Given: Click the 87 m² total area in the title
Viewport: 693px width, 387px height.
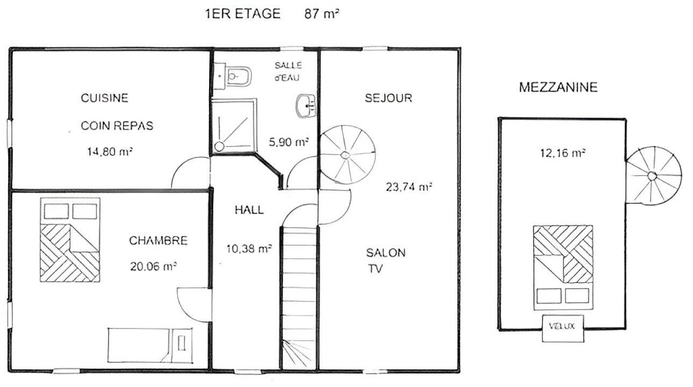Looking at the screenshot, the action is [x=322, y=14].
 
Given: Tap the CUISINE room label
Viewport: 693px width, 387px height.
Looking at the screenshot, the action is [x=105, y=98].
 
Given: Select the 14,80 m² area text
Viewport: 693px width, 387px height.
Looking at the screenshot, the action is [x=110, y=152].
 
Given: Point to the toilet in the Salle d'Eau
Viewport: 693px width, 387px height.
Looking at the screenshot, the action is [x=239, y=76].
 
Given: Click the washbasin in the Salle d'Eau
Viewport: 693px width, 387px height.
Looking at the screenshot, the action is [x=306, y=106].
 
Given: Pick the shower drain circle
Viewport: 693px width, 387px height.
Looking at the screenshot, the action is [x=219, y=146].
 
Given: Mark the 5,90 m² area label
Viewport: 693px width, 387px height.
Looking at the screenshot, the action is [x=289, y=142].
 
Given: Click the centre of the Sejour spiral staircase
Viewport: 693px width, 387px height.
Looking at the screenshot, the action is [x=345, y=155].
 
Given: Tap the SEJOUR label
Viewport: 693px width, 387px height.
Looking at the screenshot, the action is [x=389, y=98].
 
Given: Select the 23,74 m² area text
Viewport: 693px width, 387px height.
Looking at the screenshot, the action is [x=409, y=187].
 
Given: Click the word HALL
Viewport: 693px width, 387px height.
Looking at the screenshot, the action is [x=249, y=210].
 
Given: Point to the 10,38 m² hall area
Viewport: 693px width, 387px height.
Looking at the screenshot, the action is [x=249, y=248].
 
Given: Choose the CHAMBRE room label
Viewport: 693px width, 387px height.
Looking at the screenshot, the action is [x=159, y=240].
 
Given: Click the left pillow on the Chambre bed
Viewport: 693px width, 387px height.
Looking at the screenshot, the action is [x=56, y=211].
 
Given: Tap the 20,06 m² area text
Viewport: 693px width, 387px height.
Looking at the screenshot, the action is [x=153, y=267].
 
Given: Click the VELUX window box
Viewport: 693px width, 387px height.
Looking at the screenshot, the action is [x=563, y=328].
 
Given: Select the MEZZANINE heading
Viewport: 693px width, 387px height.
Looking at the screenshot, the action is [x=559, y=88].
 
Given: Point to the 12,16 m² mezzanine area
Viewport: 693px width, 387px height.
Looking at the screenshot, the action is [x=563, y=153].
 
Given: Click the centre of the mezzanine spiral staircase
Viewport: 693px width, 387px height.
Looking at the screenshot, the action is [x=652, y=176].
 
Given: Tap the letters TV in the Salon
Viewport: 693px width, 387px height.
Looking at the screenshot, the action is [x=375, y=269].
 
